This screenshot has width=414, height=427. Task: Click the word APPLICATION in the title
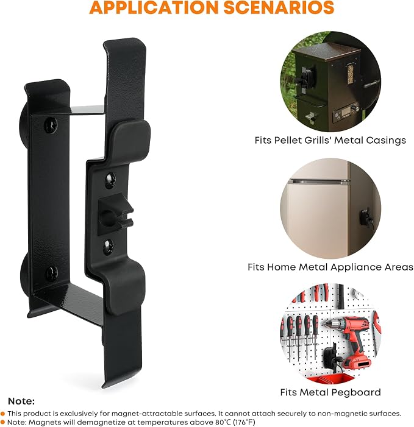tap(154, 7)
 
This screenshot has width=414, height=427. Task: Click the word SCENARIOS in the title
tap(279, 7)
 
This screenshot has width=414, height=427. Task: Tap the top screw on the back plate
tap(51, 125)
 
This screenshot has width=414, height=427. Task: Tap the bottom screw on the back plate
tap(51, 273)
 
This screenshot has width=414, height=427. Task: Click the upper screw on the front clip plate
tap(110, 180)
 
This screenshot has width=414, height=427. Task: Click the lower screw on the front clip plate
tap(109, 247)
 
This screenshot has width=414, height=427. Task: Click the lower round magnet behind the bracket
tap(24, 275)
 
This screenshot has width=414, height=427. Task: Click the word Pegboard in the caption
tap(354, 392)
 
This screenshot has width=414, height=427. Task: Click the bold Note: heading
tap(21, 401)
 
